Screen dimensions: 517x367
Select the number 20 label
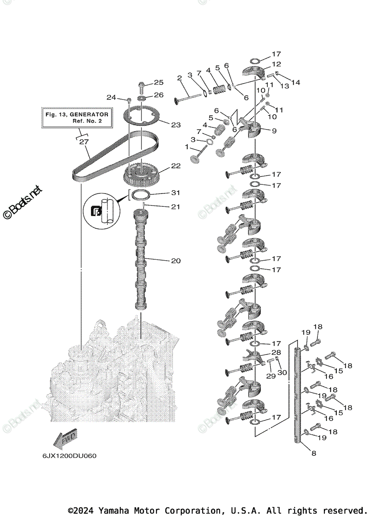click(176, 261)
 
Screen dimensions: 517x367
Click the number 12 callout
click(276, 64)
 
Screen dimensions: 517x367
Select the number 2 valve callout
click(179, 78)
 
